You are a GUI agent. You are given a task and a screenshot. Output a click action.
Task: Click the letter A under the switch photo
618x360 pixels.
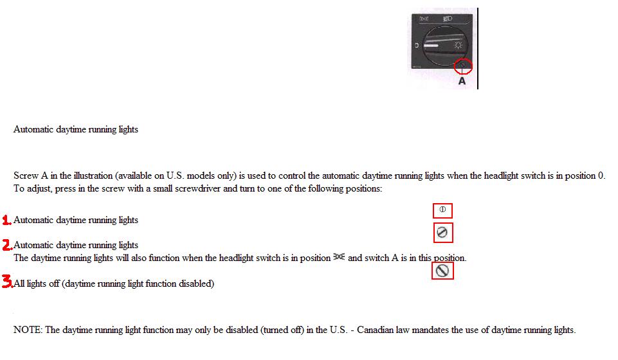[462, 81]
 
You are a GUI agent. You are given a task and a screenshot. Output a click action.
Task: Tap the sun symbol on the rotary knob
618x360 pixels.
[458, 45]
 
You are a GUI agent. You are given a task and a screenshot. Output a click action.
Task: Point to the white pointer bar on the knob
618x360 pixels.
[431, 46]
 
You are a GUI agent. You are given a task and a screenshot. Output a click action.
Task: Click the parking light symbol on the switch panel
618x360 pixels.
[424, 19]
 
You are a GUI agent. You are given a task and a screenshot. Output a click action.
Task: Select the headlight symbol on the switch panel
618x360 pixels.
[448, 19]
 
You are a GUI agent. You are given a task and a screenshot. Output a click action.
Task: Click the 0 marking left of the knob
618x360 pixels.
[417, 46]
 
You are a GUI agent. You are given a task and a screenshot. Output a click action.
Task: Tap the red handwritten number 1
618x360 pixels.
[6, 220]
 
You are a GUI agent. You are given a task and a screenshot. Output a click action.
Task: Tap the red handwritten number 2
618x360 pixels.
[7, 245]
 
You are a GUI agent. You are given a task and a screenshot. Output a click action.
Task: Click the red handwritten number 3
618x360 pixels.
[8, 281]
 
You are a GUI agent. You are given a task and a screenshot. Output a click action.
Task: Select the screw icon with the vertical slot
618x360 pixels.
[442, 210]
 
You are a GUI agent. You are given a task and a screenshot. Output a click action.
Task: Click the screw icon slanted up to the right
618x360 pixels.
[442, 232]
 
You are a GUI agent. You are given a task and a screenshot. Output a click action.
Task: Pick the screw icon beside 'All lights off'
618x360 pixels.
[442, 271]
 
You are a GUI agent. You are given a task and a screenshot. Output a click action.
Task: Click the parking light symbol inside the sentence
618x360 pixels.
[339, 256]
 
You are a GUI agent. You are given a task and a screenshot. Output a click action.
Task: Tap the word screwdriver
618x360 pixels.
[197, 188]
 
